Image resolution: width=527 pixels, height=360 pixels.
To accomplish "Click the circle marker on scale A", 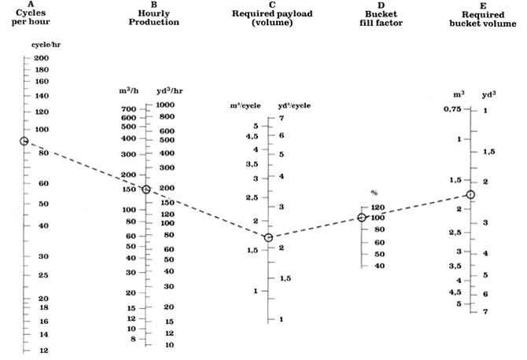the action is (x=24, y=141).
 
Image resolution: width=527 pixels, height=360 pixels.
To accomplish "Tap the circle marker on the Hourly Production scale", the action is (x=146, y=189).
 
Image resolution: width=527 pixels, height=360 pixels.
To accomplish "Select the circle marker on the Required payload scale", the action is (x=268, y=237).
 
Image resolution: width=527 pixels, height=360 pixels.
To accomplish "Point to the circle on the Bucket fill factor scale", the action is (x=362, y=217).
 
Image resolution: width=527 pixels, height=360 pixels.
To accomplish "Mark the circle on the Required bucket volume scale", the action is (x=470, y=194).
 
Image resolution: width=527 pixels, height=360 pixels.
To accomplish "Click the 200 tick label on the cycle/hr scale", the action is (x=42, y=59).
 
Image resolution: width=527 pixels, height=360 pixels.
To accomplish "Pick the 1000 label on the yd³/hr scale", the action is (x=164, y=105).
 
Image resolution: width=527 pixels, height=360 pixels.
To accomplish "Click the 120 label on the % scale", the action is (x=379, y=208).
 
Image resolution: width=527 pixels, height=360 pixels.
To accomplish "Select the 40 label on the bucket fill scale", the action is (x=379, y=266).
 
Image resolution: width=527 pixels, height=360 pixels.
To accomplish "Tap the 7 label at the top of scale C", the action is (x=281, y=118).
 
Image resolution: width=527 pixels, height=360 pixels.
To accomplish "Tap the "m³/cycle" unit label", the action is (x=245, y=106).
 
